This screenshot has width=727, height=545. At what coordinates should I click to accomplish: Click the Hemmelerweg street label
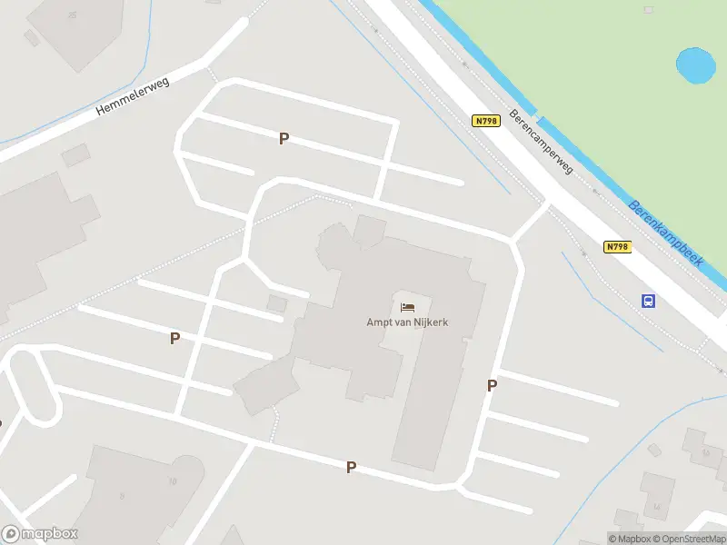click(133, 95)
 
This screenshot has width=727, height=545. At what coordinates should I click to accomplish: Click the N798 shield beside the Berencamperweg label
click(487, 121)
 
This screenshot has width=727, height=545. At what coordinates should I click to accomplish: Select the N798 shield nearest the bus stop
click(617, 246)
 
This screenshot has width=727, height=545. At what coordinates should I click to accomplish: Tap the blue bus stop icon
click(649, 301)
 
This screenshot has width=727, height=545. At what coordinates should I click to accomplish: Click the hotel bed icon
click(407, 306)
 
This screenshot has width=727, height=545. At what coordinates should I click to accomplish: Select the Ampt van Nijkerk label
click(407, 322)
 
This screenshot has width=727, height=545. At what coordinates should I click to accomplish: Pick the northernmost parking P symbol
click(284, 138)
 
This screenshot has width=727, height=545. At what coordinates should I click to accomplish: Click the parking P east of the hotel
click(492, 385)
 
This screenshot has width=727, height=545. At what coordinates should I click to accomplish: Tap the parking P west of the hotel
click(174, 338)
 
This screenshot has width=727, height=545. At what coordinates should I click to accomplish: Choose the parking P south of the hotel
click(351, 467)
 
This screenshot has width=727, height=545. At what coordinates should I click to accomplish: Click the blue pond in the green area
click(695, 65)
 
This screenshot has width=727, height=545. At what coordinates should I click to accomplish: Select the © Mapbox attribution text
click(630, 539)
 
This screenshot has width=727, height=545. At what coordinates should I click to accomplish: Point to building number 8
click(121, 497)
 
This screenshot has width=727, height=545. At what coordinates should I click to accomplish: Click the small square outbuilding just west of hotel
click(276, 303)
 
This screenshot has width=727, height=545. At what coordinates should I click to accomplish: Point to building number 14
click(656, 507)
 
